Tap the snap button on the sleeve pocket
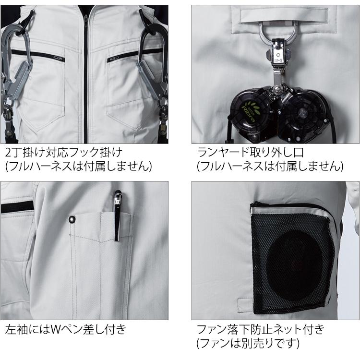(72, 219)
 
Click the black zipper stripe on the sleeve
(17, 207)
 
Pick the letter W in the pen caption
(56, 330)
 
